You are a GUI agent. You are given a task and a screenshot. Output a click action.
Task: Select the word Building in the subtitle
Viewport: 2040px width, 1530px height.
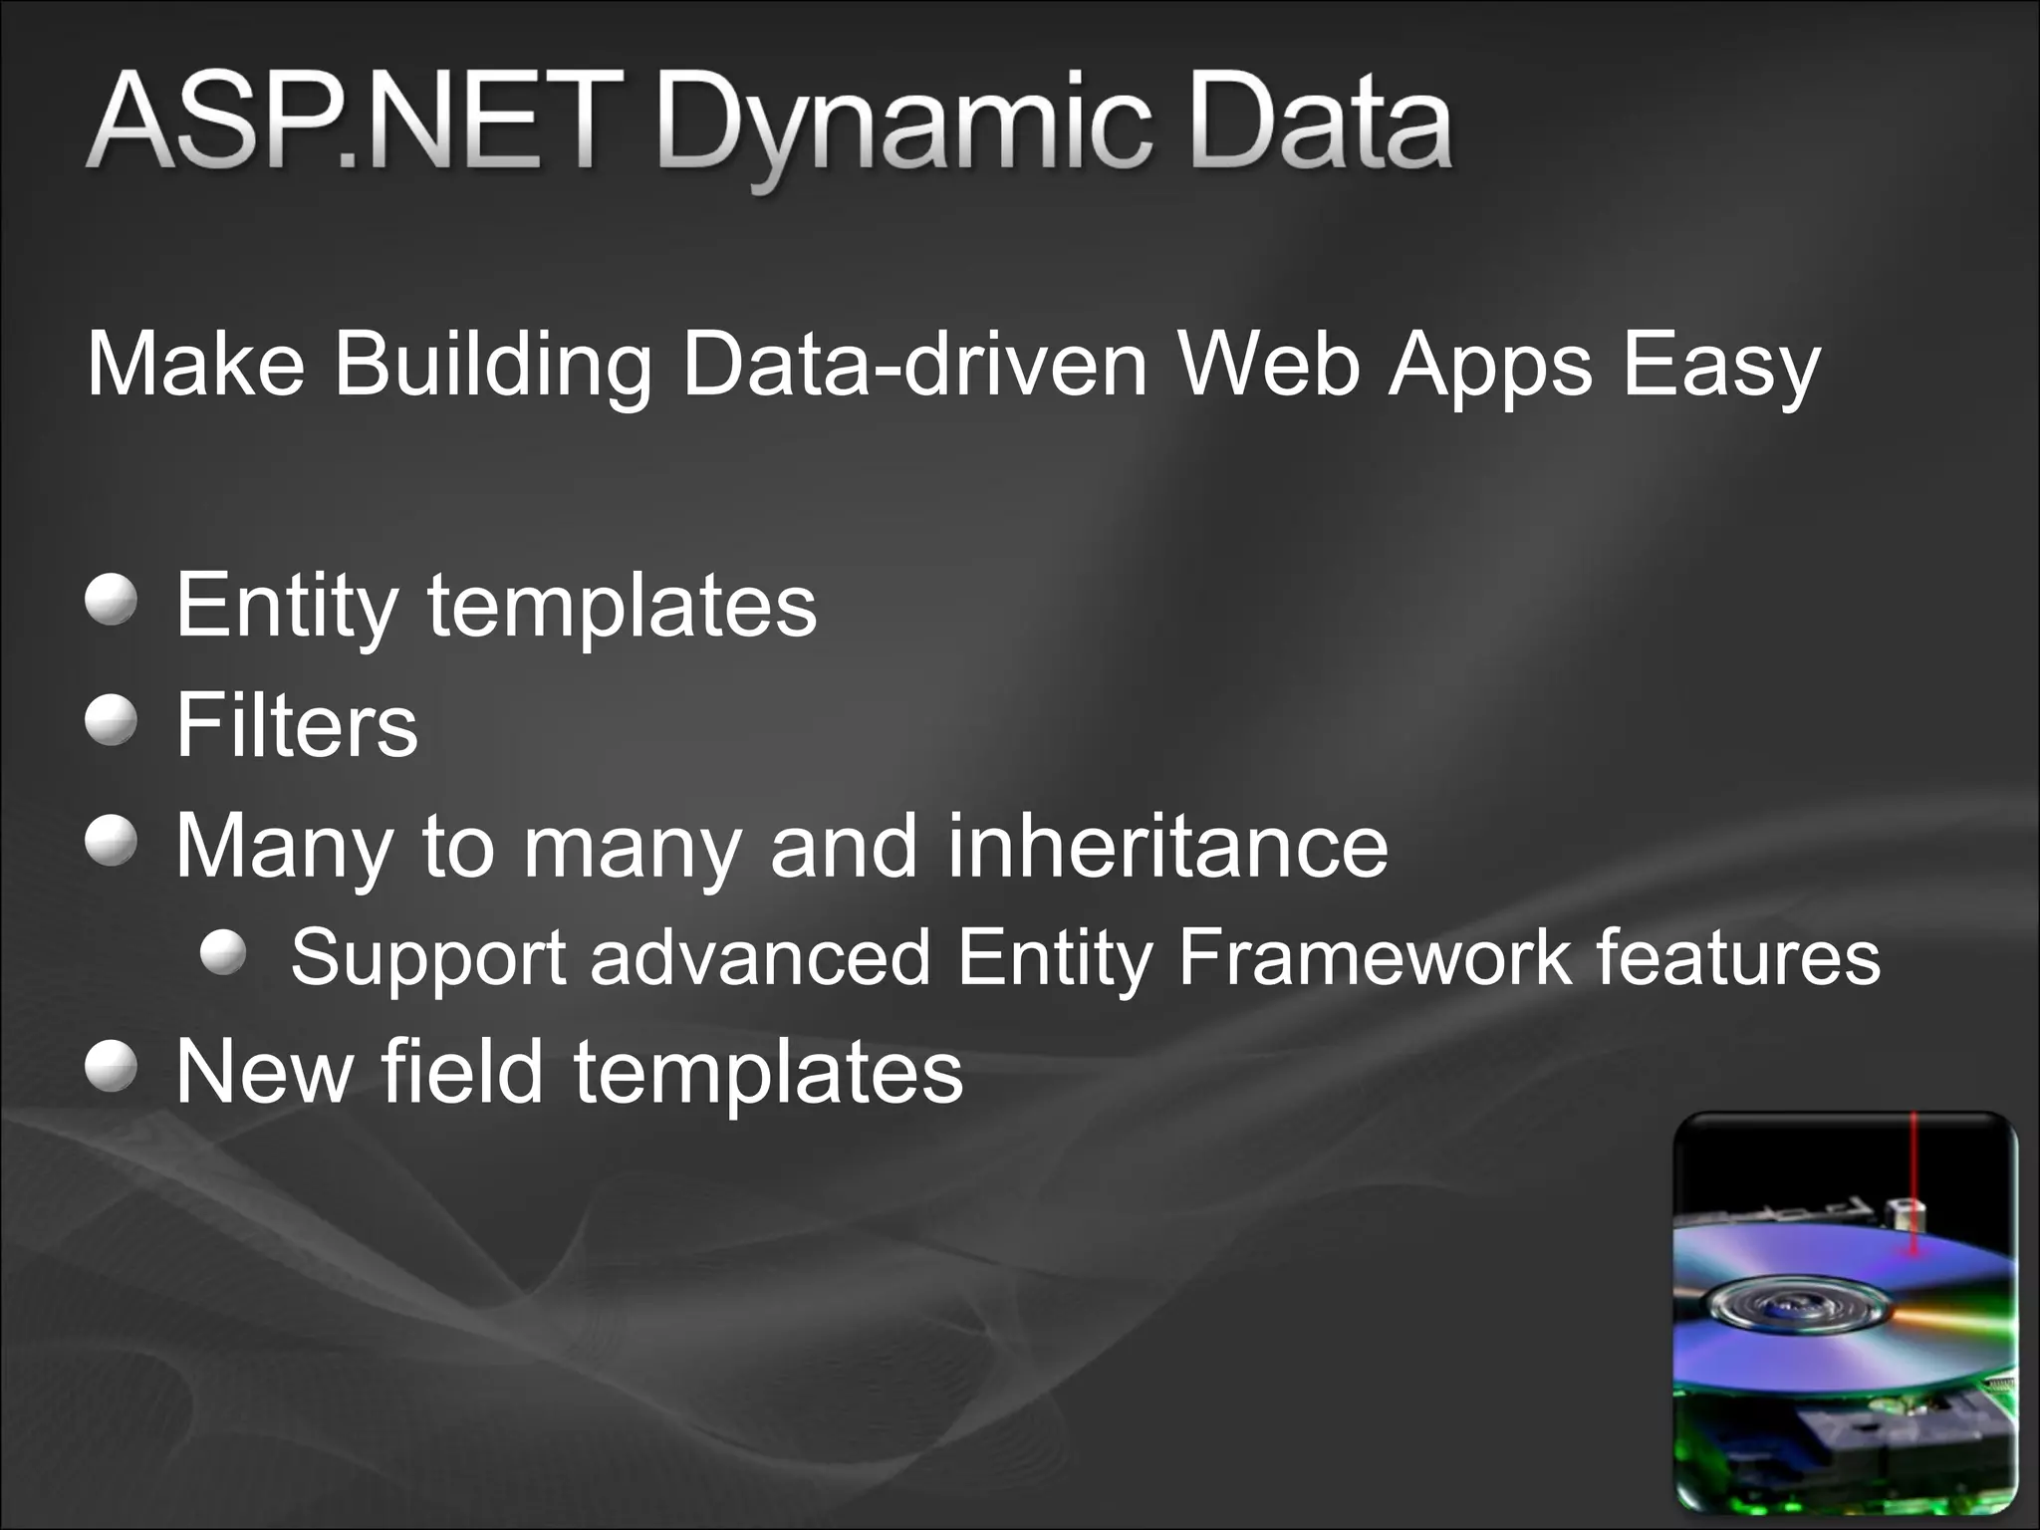coord(492,367)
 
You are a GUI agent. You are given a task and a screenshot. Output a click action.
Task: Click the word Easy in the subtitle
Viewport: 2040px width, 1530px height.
coord(1721,367)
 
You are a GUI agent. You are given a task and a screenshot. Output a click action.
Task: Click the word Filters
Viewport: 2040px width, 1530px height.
coord(297,724)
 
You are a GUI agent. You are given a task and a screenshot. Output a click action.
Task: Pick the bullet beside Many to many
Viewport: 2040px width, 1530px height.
coord(111,843)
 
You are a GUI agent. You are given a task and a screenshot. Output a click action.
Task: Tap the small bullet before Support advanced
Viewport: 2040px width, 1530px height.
coord(222,953)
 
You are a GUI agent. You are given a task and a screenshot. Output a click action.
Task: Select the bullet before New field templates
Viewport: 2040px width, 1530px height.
coord(111,1068)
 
